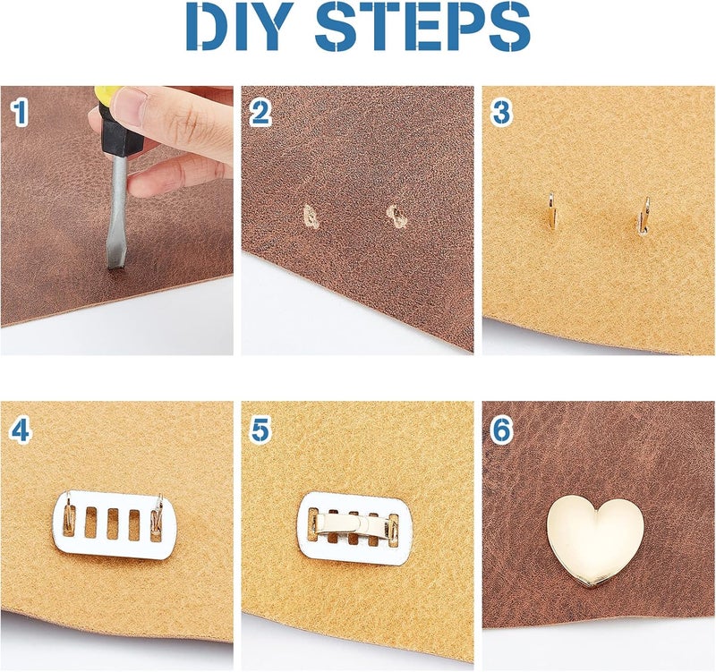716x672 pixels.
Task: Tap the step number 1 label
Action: [20, 112]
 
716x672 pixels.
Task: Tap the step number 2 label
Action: [260, 112]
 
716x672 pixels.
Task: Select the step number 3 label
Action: [502, 112]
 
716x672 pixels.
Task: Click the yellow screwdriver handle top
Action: [106, 93]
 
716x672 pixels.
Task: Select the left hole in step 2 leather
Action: [311, 215]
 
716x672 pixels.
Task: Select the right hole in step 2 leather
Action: [395, 214]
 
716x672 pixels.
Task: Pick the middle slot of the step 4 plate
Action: [113, 523]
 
